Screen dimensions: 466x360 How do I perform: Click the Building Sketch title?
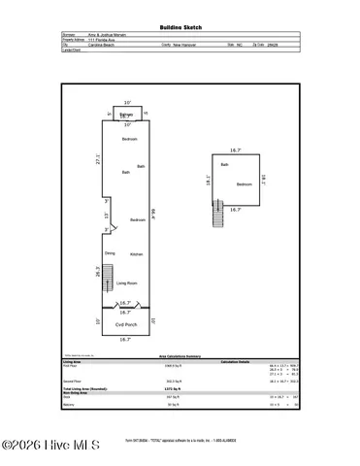click(180, 31)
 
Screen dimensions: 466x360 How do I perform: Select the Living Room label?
click(127, 283)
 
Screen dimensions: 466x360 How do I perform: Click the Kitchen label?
click(137, 253)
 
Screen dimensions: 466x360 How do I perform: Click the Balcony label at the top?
click(126, 116)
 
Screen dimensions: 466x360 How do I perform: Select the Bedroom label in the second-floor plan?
click(244, 183)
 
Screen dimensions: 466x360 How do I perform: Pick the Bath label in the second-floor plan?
click(224, 165)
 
